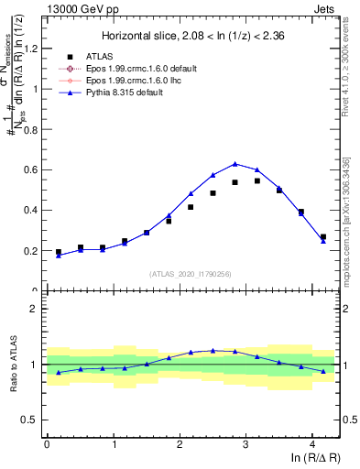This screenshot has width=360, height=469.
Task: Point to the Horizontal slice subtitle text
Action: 191,36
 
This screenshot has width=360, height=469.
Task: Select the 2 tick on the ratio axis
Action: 35,309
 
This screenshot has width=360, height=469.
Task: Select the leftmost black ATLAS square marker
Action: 59,252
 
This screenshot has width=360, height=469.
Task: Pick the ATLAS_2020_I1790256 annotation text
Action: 191,274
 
